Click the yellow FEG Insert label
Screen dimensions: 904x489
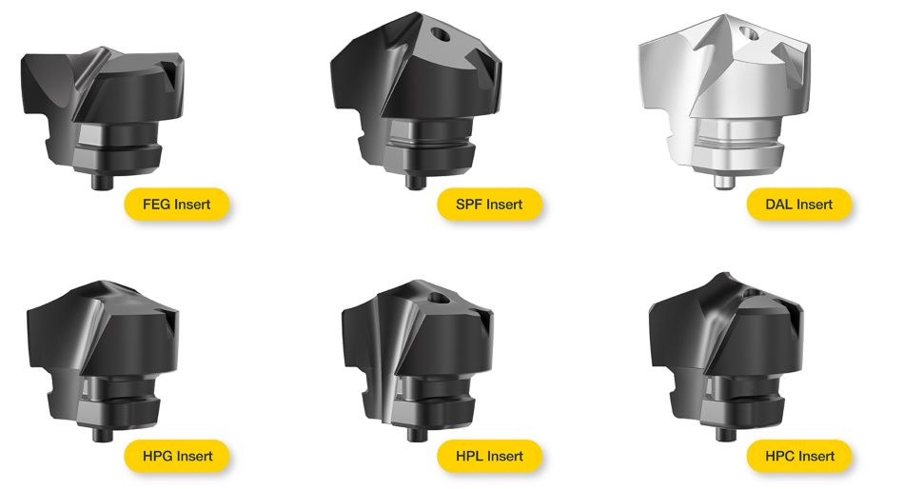pyautogui.click(x=176, y=205)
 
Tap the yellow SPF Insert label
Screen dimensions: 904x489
pyautogui.click(x=489, y=205)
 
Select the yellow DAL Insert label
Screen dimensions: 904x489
pyautogui.click(x=799, y=205)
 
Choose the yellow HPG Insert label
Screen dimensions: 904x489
pyautogui.click(x=176, y=456)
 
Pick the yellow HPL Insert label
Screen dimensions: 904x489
pyautogui.click(x=489, y=456)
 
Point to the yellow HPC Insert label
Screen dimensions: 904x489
pyautogui.click(x=799, y=456)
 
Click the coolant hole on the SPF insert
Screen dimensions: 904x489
pyautogui.click(x=441, y=34)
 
